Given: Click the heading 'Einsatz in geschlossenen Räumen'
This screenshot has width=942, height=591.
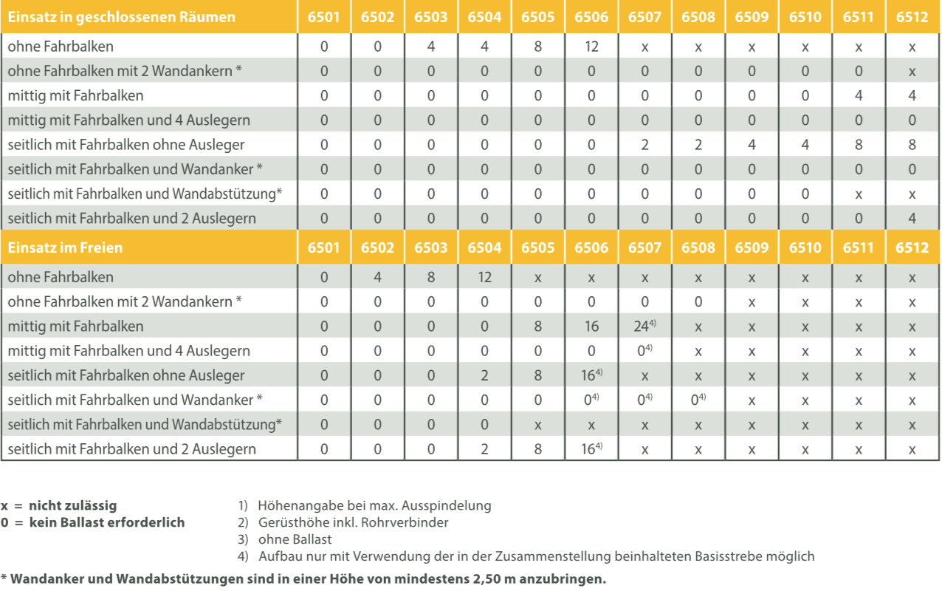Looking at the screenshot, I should point(122,17).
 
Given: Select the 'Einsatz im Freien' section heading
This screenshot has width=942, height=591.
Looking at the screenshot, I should point(65,247).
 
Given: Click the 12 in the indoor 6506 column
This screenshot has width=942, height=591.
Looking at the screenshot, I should point(591,47).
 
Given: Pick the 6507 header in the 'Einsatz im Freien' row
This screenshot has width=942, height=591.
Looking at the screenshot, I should point(644,247).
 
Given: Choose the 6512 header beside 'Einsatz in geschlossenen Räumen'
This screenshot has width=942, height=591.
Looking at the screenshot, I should point(912,17).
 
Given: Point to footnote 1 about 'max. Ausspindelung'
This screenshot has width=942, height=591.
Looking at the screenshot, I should point(365,506).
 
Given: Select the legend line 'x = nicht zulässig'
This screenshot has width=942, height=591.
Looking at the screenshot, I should point(59,506).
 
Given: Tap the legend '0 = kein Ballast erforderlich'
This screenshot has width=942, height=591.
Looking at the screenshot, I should point(92,522).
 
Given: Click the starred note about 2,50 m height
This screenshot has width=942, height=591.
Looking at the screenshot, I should point(303,578).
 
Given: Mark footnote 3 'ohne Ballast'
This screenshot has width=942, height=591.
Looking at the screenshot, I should point(285,539).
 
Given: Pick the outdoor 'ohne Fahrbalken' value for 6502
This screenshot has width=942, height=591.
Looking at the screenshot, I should point(377,278).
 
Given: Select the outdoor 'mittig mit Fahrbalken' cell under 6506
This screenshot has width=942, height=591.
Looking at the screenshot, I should point(591,327).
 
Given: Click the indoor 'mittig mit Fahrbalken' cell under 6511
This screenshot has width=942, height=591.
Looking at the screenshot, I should point(858,95).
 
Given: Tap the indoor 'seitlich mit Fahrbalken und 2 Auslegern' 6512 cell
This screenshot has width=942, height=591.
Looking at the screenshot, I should point(912,218).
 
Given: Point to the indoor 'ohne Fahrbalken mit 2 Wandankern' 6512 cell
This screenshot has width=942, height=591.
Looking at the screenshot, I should point(912,72).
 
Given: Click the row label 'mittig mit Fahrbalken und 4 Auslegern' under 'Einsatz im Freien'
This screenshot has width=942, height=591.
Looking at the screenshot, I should point(128,351).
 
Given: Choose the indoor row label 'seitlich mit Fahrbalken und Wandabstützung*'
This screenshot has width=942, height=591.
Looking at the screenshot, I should point(145,194).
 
